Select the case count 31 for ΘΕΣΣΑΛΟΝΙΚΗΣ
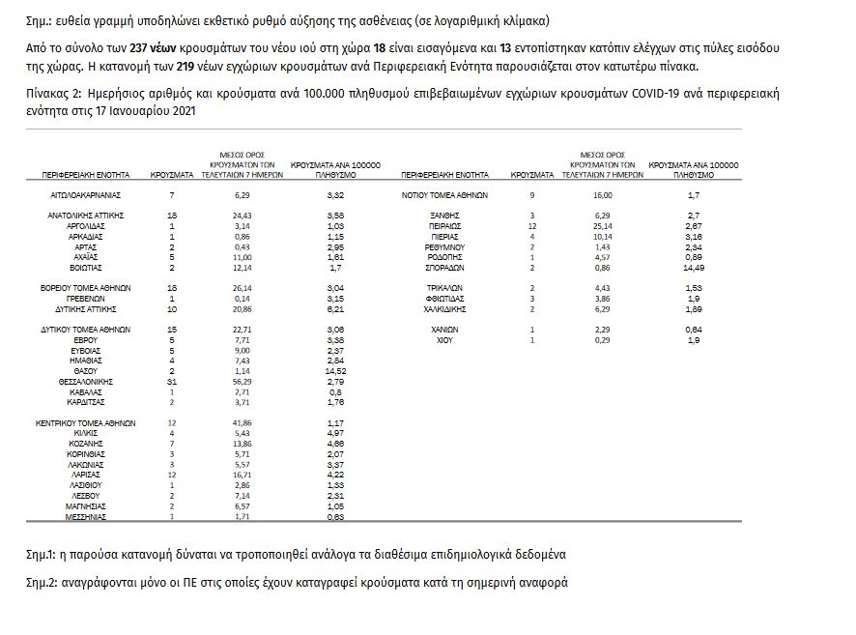171,383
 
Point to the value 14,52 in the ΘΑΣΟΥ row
336,371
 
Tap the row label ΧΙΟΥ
443,340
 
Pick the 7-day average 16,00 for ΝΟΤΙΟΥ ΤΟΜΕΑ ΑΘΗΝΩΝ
603,194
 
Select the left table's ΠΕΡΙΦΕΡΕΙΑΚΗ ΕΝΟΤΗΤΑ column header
85,175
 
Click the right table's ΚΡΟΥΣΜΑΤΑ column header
531,175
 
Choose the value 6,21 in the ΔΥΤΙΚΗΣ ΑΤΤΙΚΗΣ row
336,310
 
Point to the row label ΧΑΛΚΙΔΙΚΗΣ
443,310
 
